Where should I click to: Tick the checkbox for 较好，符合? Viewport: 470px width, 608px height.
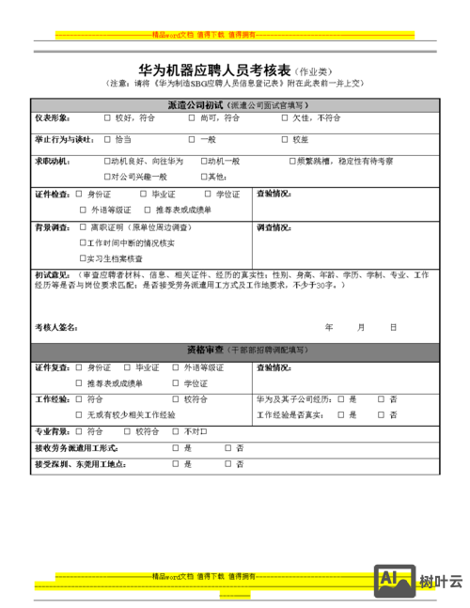[x=107, y=118]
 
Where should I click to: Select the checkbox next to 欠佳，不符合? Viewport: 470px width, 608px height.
[x=285, y=118]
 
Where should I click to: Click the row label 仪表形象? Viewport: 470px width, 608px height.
[x=52, y=118]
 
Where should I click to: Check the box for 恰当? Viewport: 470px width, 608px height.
[x=107, y=139]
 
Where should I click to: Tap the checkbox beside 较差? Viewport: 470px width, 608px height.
[x=285, y=139]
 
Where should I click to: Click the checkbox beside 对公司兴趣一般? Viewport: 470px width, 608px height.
[x=107, y=177]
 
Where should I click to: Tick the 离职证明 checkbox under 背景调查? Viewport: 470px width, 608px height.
[x=83, y=228]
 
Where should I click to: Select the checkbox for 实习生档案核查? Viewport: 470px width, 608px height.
[x=83, y=257]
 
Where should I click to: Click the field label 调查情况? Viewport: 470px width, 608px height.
[x=273, y=228]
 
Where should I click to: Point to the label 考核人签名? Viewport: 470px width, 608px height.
[x=55, y=328]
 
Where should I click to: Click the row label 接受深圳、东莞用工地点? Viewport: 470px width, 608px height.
[x=79, y=464]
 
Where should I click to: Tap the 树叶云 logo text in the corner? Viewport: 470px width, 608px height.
[x=442, y=582]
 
